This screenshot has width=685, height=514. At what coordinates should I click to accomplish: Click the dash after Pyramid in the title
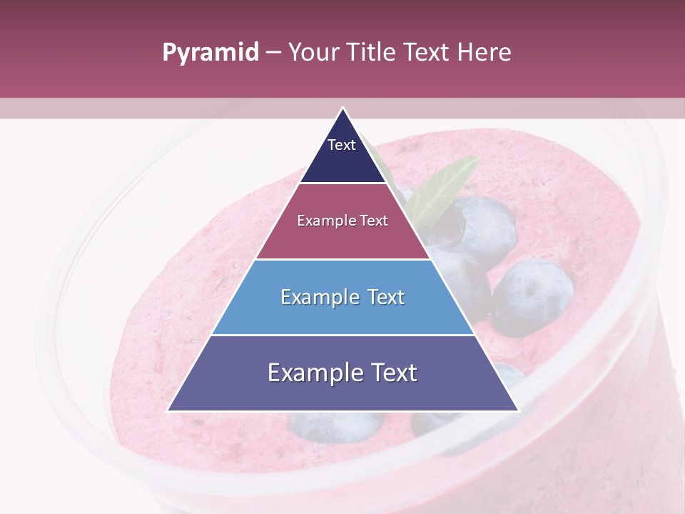coord(273,53)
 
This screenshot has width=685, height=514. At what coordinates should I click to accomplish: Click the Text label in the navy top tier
coord(341,145)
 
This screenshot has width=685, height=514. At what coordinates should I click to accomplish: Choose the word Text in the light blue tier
coord(386,298)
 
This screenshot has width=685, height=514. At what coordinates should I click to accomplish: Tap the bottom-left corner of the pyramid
coord(168,410)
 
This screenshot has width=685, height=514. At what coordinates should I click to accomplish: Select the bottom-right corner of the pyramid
coord(517,410)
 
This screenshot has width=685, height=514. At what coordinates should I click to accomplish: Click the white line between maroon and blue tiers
coord(343,259)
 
